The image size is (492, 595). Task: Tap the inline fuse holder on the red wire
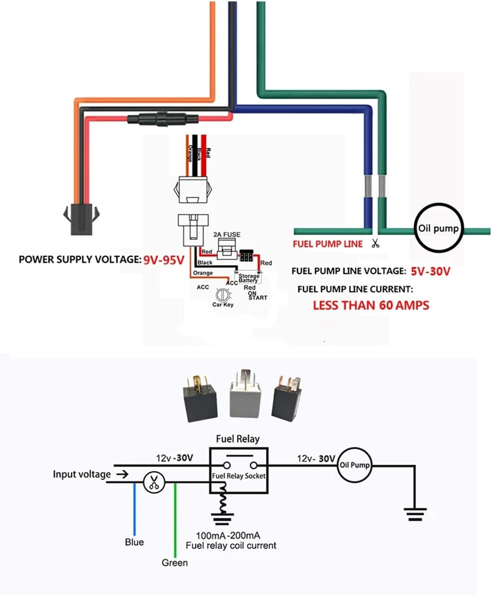(x=163, y=119)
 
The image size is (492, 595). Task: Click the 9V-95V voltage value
(x=164, y=260)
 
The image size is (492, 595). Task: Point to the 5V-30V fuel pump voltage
(x=430, y=271)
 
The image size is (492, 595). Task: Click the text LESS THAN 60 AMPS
(x=371, y=306)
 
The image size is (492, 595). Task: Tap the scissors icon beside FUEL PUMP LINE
(x=375, y=243)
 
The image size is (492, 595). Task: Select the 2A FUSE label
(x=226, y=235)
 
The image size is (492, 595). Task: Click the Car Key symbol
(x=222, y=295)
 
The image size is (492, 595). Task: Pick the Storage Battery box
(x=248, y=278)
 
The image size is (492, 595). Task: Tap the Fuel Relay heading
(x=238, y=439)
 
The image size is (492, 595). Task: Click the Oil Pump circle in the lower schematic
(x=354, y=465)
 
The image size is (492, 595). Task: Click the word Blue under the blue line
(x=134, y=542)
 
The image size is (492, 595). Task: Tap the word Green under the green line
(x=175, y=563)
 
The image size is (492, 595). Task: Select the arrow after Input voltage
(x=123, y=474)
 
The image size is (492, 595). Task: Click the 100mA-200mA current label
(x=228, y=536)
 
